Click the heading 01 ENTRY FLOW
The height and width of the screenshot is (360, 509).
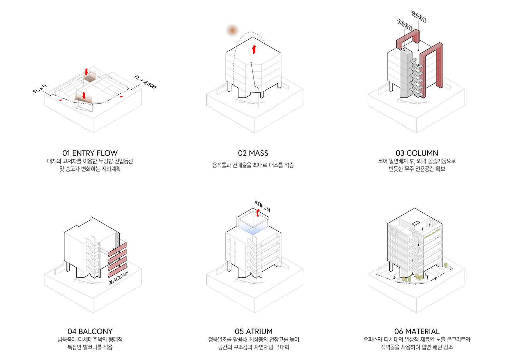[90, 153]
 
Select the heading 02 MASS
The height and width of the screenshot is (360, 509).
[253, 153]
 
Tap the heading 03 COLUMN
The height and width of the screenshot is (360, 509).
[417, 153]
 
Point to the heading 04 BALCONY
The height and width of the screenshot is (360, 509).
[90, 331]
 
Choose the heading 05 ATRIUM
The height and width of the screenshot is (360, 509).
[253, 331]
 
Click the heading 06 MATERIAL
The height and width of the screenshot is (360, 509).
[417, 331]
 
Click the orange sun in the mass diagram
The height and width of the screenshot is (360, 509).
[232, 31]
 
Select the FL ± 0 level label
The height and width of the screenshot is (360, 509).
[40, 89]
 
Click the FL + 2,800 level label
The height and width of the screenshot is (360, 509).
[145, 82]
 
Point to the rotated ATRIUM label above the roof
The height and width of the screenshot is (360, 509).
[262, 206]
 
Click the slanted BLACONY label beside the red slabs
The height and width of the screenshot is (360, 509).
[118, 278]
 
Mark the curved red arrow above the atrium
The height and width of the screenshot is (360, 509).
[258, 213]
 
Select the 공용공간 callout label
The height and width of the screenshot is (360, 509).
[404, 25]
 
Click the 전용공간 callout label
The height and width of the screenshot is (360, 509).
[419, 16]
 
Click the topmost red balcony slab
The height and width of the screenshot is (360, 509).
[117, 248]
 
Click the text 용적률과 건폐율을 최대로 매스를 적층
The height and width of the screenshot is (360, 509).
[253, 165]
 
